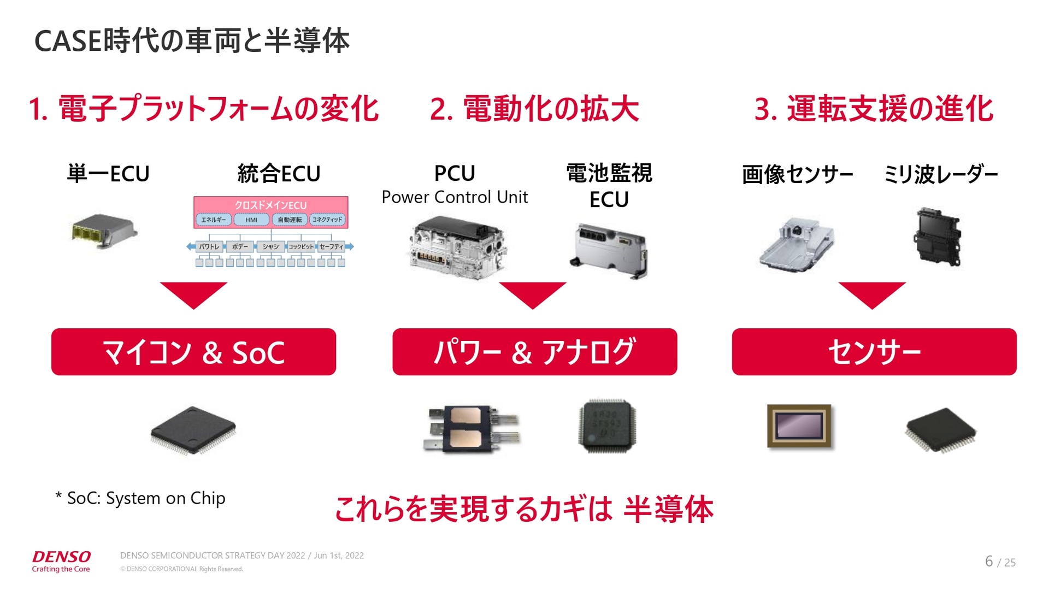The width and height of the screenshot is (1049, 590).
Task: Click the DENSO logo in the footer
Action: click(61, 557)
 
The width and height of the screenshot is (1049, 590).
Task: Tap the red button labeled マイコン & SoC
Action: click(193, 352)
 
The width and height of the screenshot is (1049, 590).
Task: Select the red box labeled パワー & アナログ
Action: click(534, 352)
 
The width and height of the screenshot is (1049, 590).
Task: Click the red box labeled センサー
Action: click(874, 352)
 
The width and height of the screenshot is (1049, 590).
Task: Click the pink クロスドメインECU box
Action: click(270, 205)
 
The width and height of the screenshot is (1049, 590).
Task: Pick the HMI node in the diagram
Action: click(251, 220)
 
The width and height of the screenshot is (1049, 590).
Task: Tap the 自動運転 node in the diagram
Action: click(290, 220)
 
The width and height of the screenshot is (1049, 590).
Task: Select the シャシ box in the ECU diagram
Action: click(270, 247)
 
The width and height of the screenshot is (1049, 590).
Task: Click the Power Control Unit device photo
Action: click(458, 249)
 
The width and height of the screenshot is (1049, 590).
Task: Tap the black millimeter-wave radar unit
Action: click(938, 236)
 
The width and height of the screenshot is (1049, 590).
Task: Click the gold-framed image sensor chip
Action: click(799, 426)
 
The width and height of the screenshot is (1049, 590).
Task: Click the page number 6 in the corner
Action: click(989, 561)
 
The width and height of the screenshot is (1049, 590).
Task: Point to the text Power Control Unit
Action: click(455, 197)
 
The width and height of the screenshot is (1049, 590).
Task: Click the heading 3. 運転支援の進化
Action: click(874, 109)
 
